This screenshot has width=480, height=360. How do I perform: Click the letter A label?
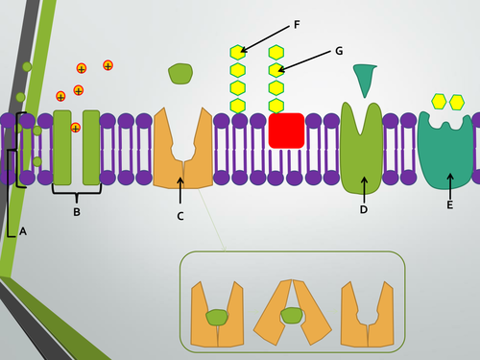pyautogui.click(x=23, y=231)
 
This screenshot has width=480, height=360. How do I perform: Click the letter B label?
pyautogui.click(x=77, y=211)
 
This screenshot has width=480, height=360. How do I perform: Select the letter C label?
pyautogui.click(x=180, y=216)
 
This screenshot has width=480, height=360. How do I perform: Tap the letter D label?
pyautogui.click(x=364, y=209)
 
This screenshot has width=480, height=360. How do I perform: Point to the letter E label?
pyautogui.click(x=449, y=204)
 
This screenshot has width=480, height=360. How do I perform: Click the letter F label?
pyautogui.click(x=296, y=24)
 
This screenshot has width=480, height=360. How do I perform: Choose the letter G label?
pyautogui.click(x=339, y=50)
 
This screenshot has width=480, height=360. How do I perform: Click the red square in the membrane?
pyautogui.click(x=286, y=131)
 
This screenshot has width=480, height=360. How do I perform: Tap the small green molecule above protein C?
pyautogui.click(x=180, y=73)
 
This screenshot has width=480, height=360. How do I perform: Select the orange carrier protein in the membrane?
pyautogui.click(x=182, y=149)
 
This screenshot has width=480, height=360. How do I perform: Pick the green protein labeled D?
pyautogui.click(x=363, y=149)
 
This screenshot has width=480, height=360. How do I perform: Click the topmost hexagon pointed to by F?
pyautogui.click(x=237, y=52)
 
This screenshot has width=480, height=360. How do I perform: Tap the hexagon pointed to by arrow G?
pyautogui.click(x=276, y=70)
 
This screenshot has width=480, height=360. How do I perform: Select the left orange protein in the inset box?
pyautogui.click(x=217, y=314)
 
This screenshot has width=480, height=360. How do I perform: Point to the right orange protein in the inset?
pyautogui.click(x=368, y=314)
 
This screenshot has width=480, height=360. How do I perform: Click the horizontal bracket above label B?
pyautogui.click(x=77, y=192)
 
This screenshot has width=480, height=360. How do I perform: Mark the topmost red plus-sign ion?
pyautogui.click(x=108, y=65)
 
